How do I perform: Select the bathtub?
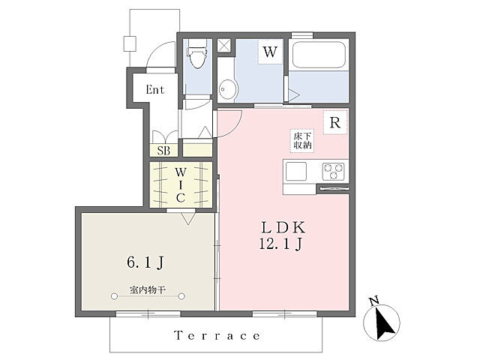click(x=319, y=55)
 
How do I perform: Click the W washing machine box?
click(x=270, y=52)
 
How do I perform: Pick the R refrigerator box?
click(x=335, y=123)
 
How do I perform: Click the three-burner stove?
click(x=333, y=172)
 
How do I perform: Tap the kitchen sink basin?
click(x=296, y=172)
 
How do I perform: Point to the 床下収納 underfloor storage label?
click(x=302, y=140)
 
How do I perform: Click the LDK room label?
click(x=283, y=227)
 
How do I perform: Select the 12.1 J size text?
click(x=281, y=244)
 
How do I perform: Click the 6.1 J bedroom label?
click(x=145, y=262)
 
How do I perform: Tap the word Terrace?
click(x=217, y=335)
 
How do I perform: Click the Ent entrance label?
click(x=155, y=90)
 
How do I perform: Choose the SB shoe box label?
click(x=163, y=151)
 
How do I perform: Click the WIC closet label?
click(x=181, y=185)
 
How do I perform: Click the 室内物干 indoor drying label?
click(x=148, y=290)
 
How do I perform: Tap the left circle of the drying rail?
click(x=114, y=296)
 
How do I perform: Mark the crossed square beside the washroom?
click(x=224, y=46)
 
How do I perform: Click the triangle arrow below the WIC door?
click(x=188, y=218)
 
